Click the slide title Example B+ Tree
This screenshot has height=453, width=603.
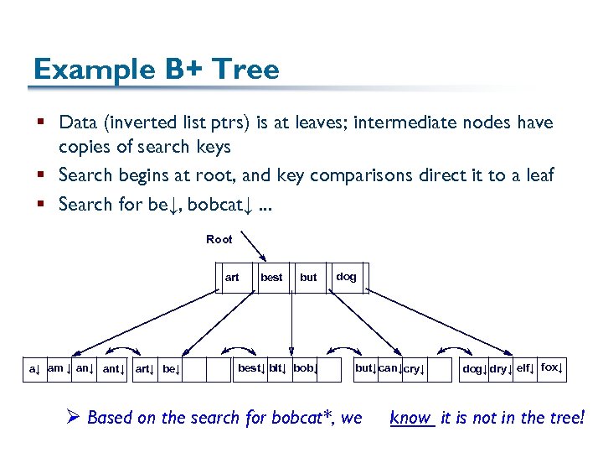(156, 69)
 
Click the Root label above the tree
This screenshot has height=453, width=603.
(219, 240)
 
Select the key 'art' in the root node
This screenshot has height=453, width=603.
(232, 278)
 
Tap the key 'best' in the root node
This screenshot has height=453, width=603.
(271, 278)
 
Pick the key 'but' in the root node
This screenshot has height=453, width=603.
(308, 278)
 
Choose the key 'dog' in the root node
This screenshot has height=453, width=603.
(346, 277)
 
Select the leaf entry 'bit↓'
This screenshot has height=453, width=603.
(278, 368)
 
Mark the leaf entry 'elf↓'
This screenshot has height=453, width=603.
(526, 368)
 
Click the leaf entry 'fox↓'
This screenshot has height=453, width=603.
(552, 368)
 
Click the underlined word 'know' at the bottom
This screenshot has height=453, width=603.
(410, 418)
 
